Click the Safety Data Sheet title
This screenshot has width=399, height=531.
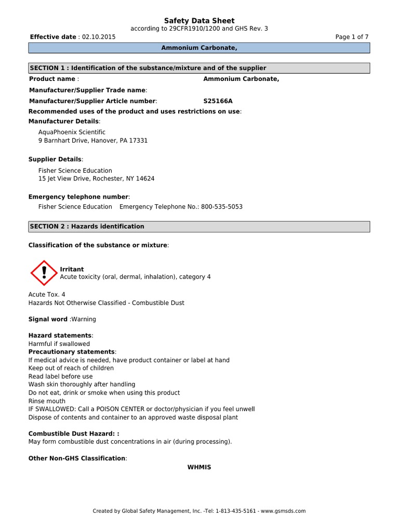point(199,21)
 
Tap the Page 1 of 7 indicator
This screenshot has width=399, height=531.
point(352,37)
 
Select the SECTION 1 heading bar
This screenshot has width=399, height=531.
point(199,68)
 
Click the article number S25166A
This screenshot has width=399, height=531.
point(218,102)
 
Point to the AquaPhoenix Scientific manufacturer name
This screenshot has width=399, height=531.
point(72,133)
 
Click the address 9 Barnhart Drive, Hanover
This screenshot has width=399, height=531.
point(93,141)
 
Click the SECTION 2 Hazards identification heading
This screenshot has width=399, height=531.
point(199,227)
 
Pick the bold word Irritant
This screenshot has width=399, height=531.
point(72,269)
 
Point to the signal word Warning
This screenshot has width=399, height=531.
point(84,319)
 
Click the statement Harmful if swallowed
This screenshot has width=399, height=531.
point(59,344)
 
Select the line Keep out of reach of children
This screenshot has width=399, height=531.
point(71,368)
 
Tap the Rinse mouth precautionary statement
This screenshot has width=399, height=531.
point(47,401)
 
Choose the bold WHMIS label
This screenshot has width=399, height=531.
point(199,467)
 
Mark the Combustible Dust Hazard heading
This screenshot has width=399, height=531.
point(73,434)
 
